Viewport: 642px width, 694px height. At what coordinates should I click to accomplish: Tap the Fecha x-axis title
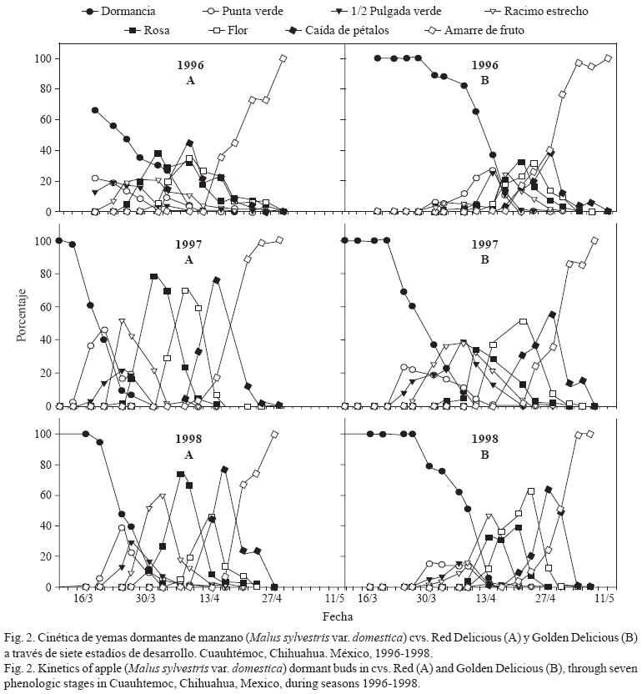pos(340,616)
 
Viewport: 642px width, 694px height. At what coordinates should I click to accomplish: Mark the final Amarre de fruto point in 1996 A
pos(283,58)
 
